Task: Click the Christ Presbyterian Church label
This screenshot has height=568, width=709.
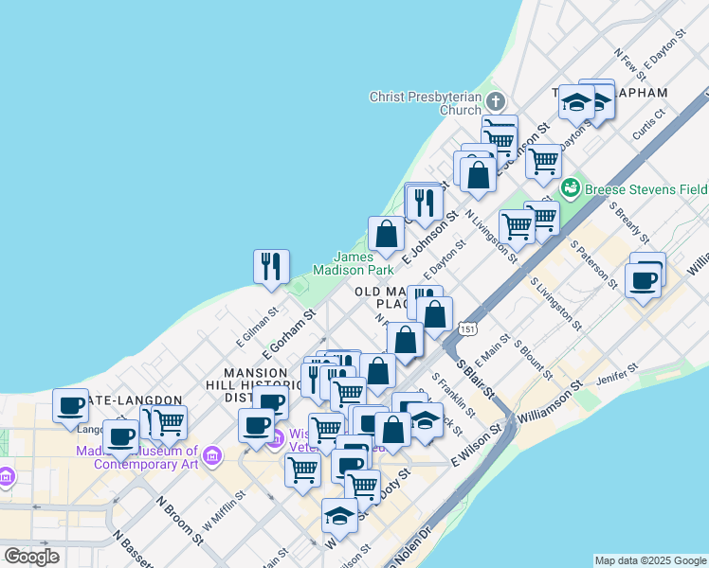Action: click(x=426, y=102)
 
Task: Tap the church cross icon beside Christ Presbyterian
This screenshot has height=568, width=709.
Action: click(x=495, y=101)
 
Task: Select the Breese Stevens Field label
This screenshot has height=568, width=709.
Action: click(x=645, y=188)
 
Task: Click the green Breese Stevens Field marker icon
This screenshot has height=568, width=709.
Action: click(x=571, y=186)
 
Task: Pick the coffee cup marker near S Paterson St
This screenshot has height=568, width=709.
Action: click(x=644, y=281)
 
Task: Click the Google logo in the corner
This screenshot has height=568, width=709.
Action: click(x=31, y=557)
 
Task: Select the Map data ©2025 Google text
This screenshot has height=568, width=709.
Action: click(x=650, y=560)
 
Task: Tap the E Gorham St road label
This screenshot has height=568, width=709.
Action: click(x=289, y=332)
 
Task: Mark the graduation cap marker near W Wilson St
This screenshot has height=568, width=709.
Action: click(x=339, y=515)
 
